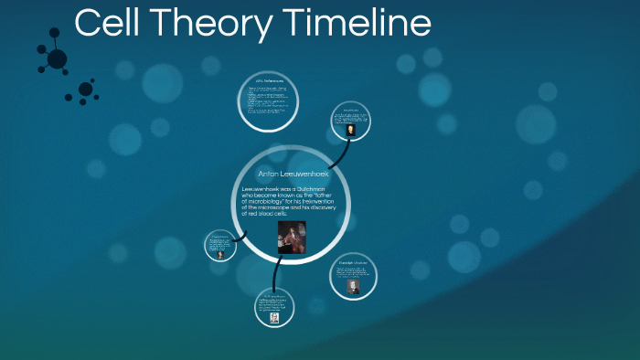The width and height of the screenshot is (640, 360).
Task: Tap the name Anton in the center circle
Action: pos(272,173)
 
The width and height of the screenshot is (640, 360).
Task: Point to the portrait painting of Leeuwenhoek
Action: pos(291,238)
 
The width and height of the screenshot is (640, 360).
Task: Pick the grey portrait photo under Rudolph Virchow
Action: pos(353,285)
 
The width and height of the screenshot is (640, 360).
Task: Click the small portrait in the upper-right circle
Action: pos(351,130)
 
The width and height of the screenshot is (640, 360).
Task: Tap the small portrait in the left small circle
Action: pos(220,255)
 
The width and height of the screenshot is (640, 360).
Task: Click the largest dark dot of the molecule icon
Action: pos(57,59)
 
